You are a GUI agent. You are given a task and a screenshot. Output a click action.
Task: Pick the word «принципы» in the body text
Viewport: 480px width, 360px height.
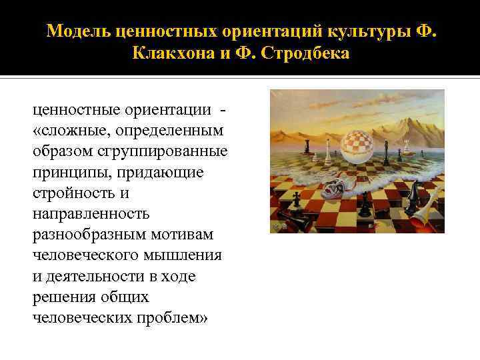tap(63, 172)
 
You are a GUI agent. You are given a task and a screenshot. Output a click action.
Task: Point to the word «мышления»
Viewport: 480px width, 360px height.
tap(189, 255)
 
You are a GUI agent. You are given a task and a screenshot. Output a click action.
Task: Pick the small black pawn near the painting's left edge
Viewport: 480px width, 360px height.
tap(295, 199)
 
